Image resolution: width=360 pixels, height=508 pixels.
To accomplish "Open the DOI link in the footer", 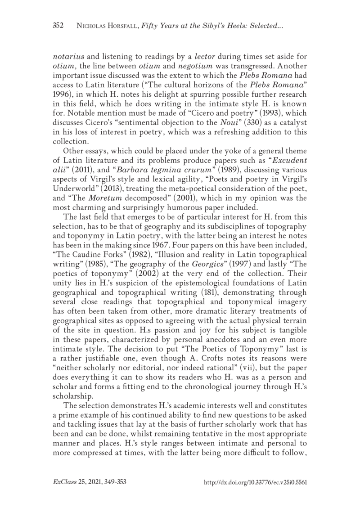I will pos(255,482).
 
